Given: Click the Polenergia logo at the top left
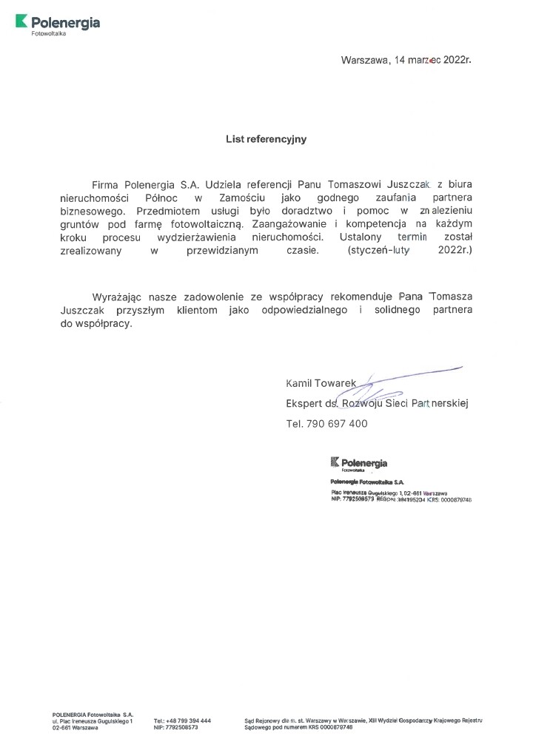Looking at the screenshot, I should click(x=58, y=24).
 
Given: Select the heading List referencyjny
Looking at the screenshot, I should click(x=266, y=138).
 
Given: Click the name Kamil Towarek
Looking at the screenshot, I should click(x=321, y=383).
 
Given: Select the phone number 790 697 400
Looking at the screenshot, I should click(x=336, y=424).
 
